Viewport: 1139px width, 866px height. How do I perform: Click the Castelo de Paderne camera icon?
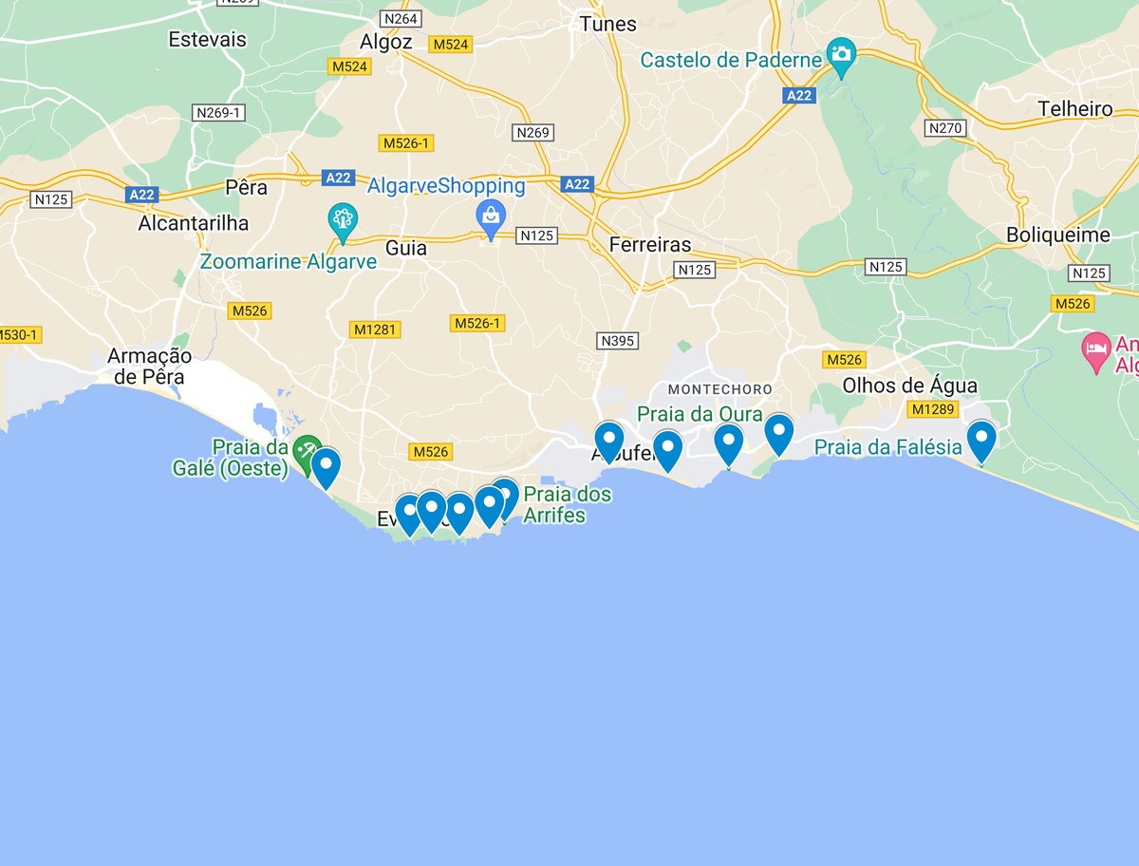pos(840,53)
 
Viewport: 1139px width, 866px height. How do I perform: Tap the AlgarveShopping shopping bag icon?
pos(490,216)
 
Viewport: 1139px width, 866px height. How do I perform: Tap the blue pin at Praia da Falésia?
pos(980,440)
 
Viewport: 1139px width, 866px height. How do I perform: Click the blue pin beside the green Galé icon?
pos(326,465)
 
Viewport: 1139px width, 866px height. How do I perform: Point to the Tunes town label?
pos(607,24)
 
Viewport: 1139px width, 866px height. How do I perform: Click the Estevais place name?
pos(207,40)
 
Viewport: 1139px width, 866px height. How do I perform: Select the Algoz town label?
pos(386,42)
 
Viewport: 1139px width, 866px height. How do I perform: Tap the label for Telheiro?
pos(1075,109)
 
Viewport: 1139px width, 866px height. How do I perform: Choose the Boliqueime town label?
pos(1058,235)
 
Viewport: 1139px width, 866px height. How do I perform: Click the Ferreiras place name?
pos(650,245)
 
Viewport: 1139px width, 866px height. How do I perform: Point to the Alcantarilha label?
pos(194,224)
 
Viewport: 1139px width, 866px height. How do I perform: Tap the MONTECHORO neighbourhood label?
pos(720,389)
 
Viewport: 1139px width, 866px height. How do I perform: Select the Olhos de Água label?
pos(910,386)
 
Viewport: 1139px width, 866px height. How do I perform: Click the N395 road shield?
pos(618,340)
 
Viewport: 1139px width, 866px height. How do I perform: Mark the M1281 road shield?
pos(376,329)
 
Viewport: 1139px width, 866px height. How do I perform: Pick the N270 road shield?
pos(945,127)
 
